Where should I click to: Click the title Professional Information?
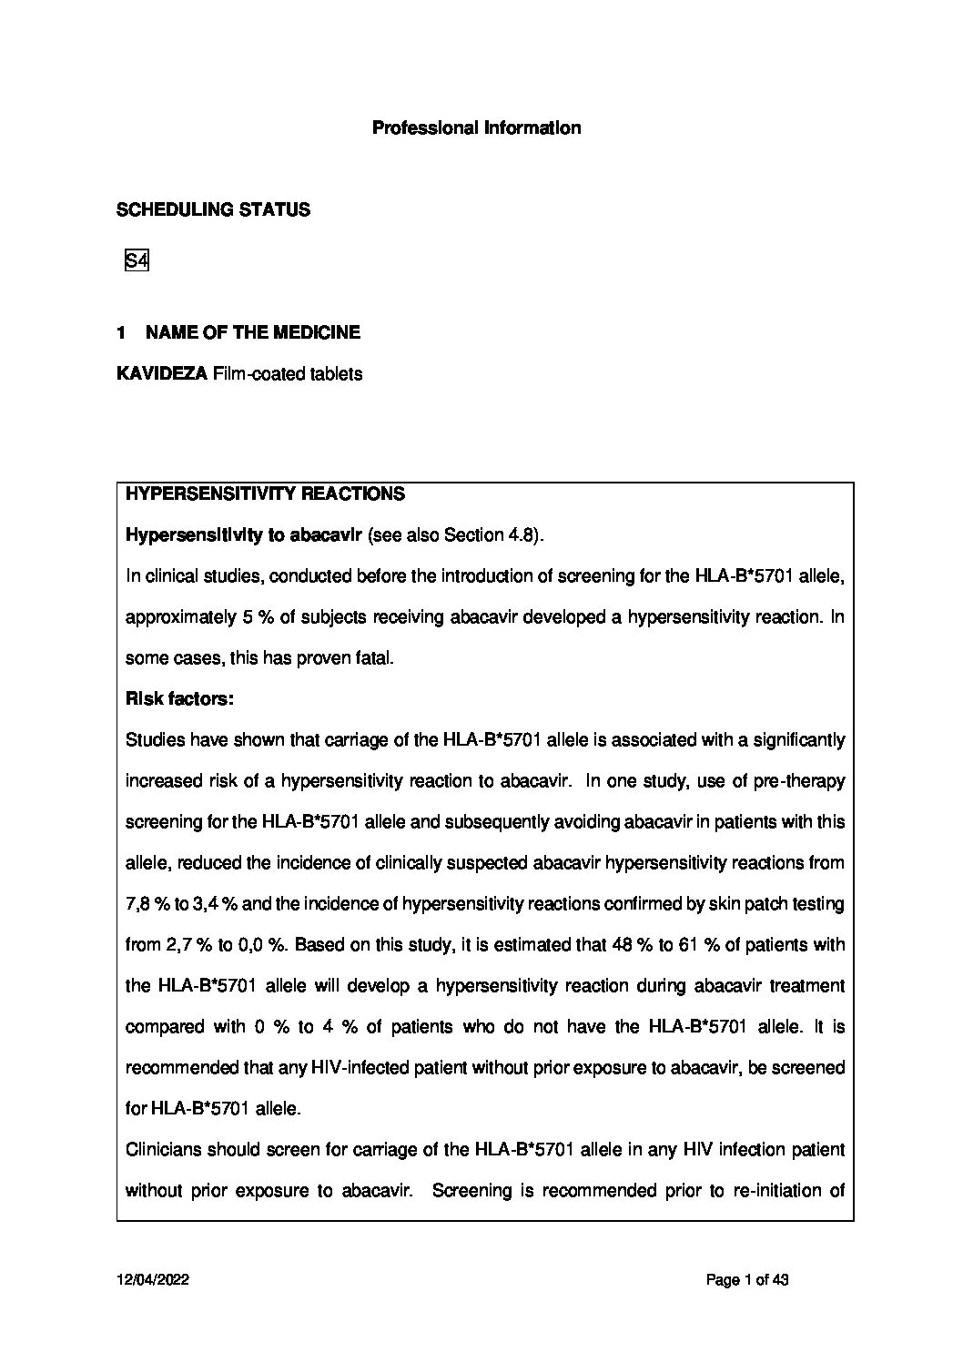coord(476,128)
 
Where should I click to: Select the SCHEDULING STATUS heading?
coord(213,210)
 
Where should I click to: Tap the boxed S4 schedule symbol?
coord(137,261)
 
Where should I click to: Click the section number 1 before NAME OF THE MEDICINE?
coord(121,333)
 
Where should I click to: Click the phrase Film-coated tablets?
coord(287,374)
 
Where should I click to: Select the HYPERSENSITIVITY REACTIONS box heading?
coord(265,494)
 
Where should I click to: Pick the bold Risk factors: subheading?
coord(179,699)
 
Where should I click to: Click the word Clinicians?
coord(162,1150)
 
